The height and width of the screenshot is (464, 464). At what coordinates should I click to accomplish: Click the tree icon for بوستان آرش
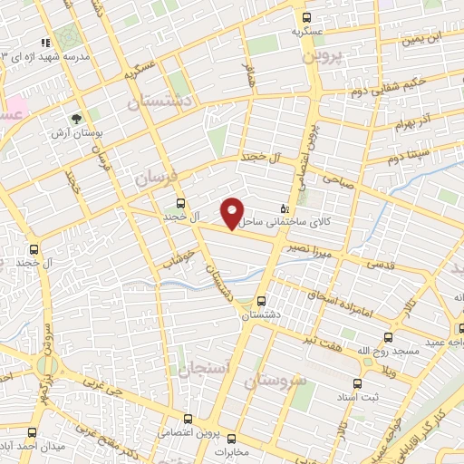click(77, 118)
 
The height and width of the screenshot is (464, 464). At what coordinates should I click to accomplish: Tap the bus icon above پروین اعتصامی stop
click(187, 419)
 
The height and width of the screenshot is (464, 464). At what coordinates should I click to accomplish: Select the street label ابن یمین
click(422, 39)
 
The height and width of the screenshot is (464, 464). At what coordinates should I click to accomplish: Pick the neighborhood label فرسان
click(153, 179)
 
